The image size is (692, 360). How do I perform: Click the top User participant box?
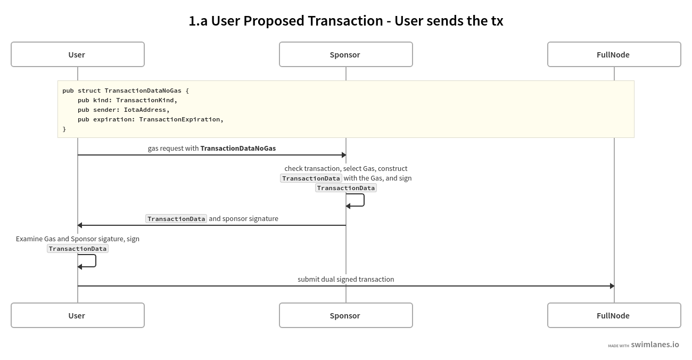pyautogui.click(x=78, y=54)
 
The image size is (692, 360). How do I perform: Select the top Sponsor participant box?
pyautogui.click(x=345, y=54)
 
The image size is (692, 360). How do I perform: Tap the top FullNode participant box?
pyautogui.click(x=614, y=54)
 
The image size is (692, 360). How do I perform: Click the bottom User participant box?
pyautogui.click(x=78, y=315)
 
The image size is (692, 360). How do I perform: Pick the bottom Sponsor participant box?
pyautogui.click(x=345, y=315)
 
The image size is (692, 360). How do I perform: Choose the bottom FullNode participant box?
pyautogui.click(x=614, y=315)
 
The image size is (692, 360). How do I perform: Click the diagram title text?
pyautogui.click(x=345, y=21)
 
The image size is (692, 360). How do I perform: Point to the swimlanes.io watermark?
pyautogui.click(x=654, y=345)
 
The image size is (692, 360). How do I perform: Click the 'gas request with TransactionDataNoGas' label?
pyautogui.click(x=211, y=148)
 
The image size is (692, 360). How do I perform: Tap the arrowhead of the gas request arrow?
pyautogui.click(x=344, y=155)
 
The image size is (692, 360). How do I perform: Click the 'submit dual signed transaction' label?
pyautogui.click(x=345, y=279)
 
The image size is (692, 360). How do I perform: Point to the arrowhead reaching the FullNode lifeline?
pyautogui.click(x=612, y=286)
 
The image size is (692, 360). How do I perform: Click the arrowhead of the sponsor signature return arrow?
pyautogui.click(x=80, y=225)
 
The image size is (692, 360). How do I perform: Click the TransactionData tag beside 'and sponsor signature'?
pyautogui.click(x=176, y=219)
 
